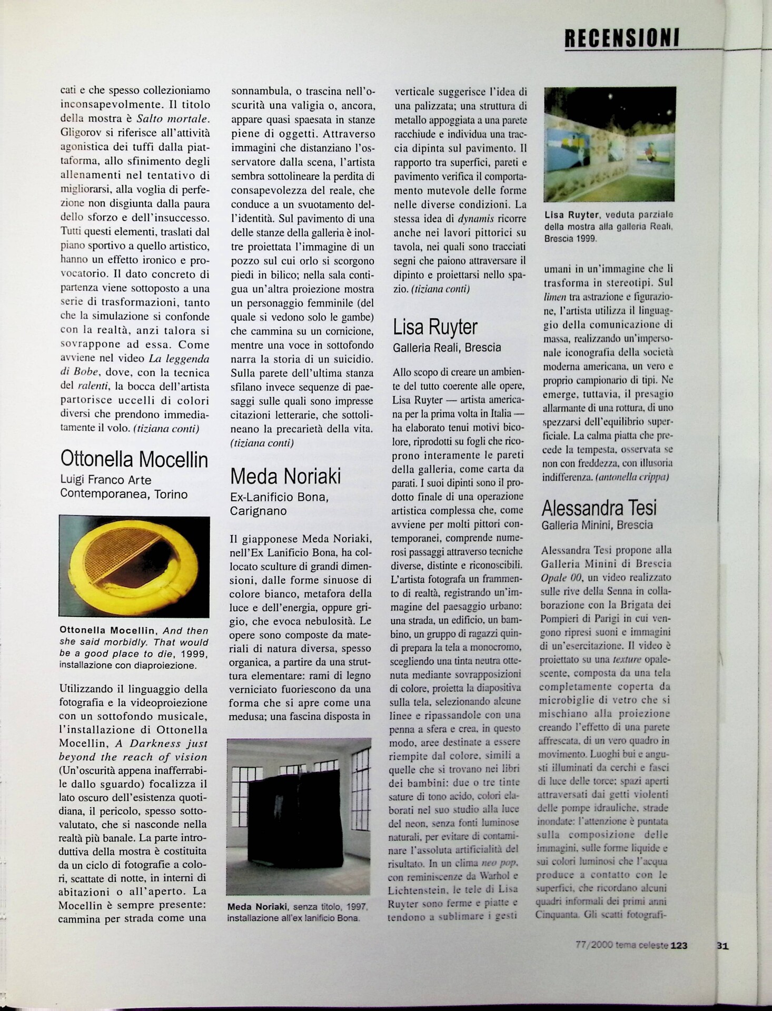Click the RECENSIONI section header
621,37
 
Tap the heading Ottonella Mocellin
134,459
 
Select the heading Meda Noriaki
285,477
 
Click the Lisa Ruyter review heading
435,327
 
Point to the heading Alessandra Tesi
599,508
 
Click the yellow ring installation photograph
134,566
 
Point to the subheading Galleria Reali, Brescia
447,348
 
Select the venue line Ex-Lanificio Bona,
279,497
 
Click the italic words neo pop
500,863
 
